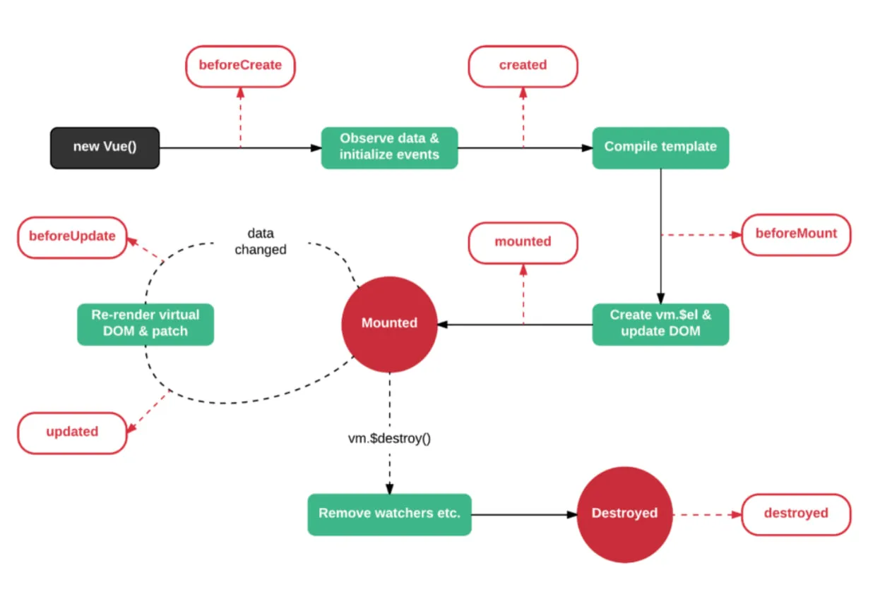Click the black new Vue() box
coord(105,147)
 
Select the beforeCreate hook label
coord(240,66)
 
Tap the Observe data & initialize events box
coord(389,147)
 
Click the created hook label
coord(523,66)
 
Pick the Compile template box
coord(660,147)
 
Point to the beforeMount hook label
coord(796,234)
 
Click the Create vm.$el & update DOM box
coord(660,324)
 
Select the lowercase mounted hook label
coord(523,242)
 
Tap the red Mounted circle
coord(389,324)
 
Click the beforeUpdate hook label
coord(72,236)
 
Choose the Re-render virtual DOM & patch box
coord(145,324)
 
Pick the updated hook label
coord(72,432)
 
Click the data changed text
coord(261,241)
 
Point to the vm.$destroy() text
coord(389,438)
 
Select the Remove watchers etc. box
coord(389,514)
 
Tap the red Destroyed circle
coord(624,514)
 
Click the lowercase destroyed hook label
coord(796,514)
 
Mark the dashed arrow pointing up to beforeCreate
coord(240,116)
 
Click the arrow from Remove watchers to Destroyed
coord(523,514)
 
